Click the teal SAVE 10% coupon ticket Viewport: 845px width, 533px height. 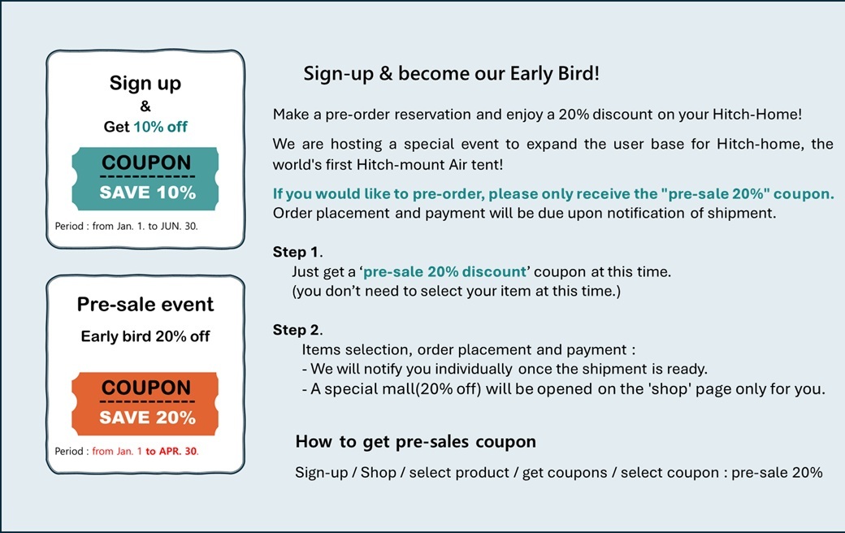pyautogui.click(x=145, y=179)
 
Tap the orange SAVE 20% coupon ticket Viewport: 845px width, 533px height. pyautogui.click(x=145, y=404)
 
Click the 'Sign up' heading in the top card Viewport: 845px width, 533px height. pyautogui.click(x=145, y=84)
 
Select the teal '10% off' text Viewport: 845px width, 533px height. pyautogui.click(x=161, y=127)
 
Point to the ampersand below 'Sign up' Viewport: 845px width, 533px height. pyautogui.click(x=145, y=106)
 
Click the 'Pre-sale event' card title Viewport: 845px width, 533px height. pyautogui.click(x=145, y=305)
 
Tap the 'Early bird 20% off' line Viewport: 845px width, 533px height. pyautogui.click(x=145, y=336)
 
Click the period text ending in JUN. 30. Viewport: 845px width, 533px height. pyautogui.click(x=127, y=227)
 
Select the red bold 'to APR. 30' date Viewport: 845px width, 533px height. pyautogui.click(x=172, y=451)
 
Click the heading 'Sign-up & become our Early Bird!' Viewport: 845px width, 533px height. pyautogui.click(x=452, y=73)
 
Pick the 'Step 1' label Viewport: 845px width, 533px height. pyautogui.click(x=297, y=252)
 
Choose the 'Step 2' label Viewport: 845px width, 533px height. pyautogui.click(x=297, y=329)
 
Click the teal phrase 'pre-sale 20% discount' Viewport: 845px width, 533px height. pyautogui.click(x=444, y=271)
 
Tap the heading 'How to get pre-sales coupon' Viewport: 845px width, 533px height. pyautogui.click(x=415, y=442)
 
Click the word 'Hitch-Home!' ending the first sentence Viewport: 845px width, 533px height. pyautogui.click(x=757, y=115)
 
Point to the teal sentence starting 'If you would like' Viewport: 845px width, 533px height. pyautogui.click(x=553, y=194)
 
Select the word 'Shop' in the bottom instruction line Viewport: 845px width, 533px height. pyautogui.click(x=379, y=473)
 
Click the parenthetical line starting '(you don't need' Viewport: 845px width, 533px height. pyautogui.click(x=457, y=292)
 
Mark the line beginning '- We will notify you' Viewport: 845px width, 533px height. pyautogui.click(x=505, y=369)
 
